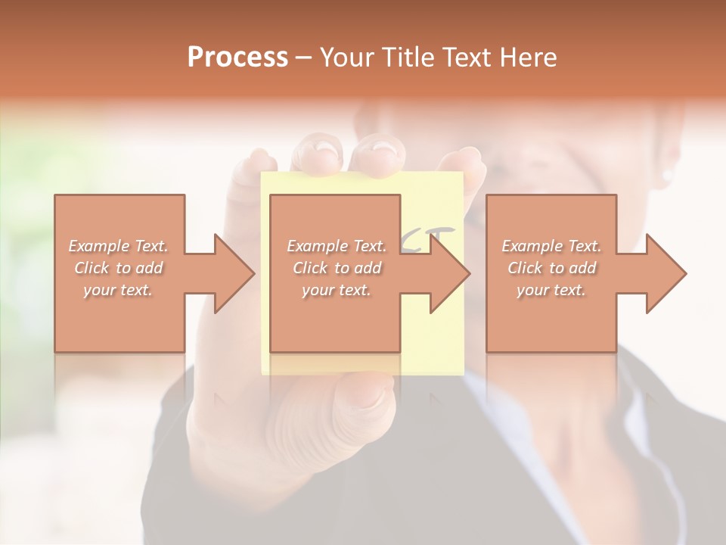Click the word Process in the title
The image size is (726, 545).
[x=237, y=58]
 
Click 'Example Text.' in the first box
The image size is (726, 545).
[x=119, y=246]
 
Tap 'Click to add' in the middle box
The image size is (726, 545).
[x=337, y=268]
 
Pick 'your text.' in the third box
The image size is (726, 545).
[x=551, y=291]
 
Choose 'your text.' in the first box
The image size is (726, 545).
[x=119, y=291]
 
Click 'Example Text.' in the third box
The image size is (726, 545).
[x=551, y=246]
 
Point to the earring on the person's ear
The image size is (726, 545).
[x=666, y=175]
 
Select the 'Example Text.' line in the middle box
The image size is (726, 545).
[x=337, y=246]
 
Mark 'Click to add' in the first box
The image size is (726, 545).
[x=119, y=268]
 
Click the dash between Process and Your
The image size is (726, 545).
[x=304, y=58]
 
